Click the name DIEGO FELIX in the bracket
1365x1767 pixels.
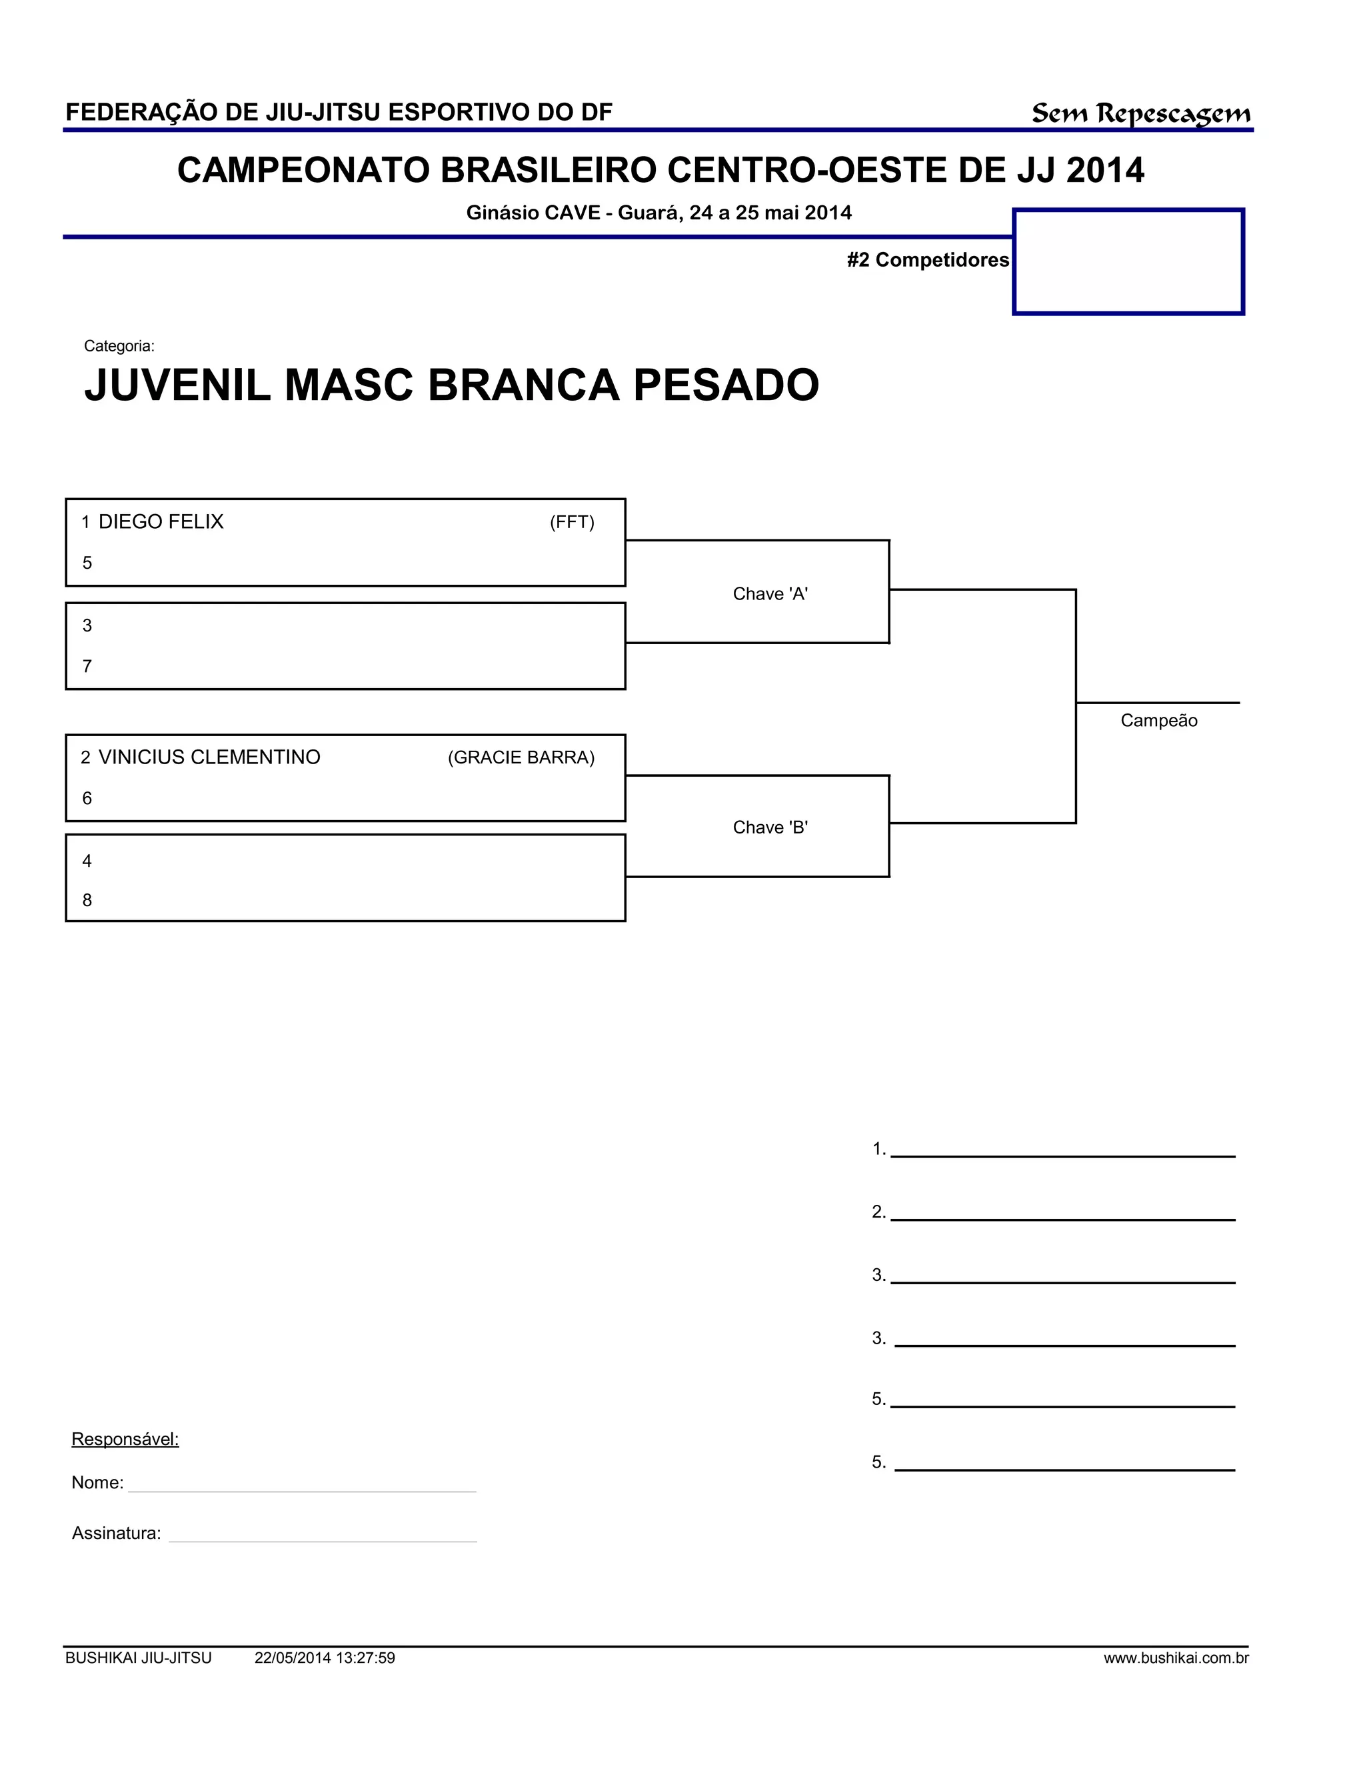click(x=161, y=522)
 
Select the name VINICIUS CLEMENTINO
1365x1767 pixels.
click(x=209, y=757)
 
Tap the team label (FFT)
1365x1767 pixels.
click(x=572, y=523)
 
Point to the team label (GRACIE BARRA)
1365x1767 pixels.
click(x=521, y=758)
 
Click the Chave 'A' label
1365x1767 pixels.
click(x=770, y=594)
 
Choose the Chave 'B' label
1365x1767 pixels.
click(x=770, y=827)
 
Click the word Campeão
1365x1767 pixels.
click(x=1158, y=721)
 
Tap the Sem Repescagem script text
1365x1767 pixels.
click(x=1140, y=114)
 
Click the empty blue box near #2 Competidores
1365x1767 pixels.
click(x=1128, y=261)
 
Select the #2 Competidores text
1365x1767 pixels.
click(x=928, y=259)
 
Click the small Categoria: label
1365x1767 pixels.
click(x=119, y=346)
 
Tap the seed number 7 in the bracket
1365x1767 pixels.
click(x=87, y=667)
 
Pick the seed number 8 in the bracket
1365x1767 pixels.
click(x=87, y=900)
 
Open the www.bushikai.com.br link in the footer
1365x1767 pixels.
click(x=1176, y=1658)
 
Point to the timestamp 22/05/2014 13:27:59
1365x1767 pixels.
click(x=325, y=1658)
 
